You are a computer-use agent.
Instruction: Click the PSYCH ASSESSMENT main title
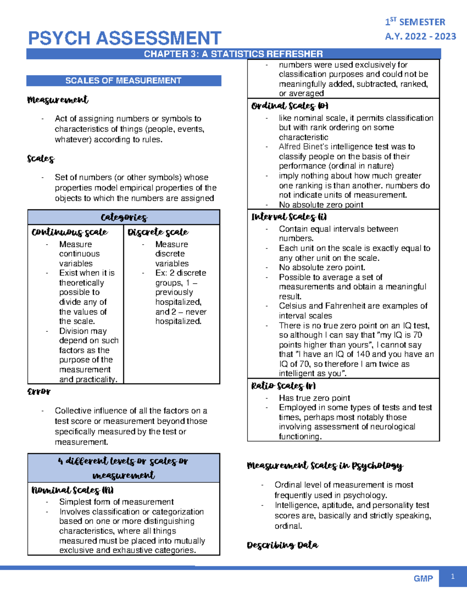pos(125,39)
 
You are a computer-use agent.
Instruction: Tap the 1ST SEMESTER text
pos(415,22)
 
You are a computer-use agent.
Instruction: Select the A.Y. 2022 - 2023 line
pos(420,37)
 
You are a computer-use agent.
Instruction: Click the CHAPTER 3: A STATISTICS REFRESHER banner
pos(233,54)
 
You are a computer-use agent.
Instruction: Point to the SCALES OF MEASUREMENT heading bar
pos(123,81)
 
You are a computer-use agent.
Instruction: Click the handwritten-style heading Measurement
pos(58,100)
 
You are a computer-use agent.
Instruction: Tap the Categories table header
pos(124,217)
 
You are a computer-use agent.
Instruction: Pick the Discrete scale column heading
pos(158,232)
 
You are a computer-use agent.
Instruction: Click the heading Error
pos(39,391)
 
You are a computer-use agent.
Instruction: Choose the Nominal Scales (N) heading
pos(72,490)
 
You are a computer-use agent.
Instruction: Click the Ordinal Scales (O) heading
pos(290,106)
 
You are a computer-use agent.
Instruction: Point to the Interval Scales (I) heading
pos(289,217)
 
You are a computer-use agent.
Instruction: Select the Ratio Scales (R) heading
pos(283,386)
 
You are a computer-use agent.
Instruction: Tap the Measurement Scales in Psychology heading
pos(325,466)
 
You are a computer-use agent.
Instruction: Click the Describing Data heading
pos(283,545)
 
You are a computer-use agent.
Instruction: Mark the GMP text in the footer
pos(423,578)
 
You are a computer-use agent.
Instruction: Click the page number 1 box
pos(453,577)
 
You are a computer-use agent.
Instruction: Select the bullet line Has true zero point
pos(314,398)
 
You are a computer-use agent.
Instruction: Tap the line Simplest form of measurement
pos(116,502)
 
